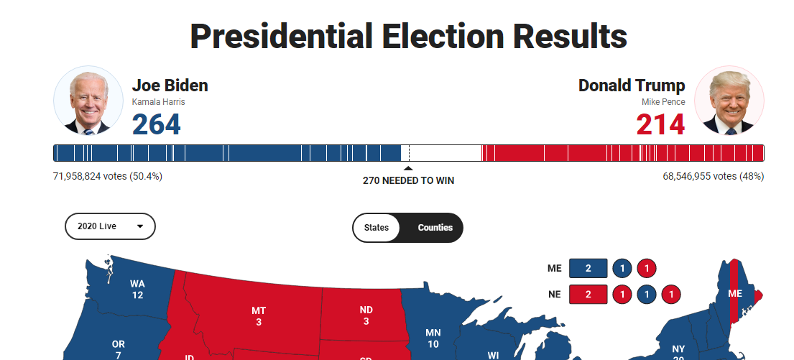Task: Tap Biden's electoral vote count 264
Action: (x=156, y=124)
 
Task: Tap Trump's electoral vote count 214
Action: (x=660, y=124)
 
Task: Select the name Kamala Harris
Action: (x=158, y=102)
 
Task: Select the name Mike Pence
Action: (x=663, y=102)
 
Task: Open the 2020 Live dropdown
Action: (x=110, y=226)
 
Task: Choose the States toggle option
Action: (x=377, y=228)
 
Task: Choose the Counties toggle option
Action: (x=435, y=228)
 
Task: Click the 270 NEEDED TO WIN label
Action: (x=408, y=180)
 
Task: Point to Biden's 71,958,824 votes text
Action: (x=108, y=176)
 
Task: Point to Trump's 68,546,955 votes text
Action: (x=713, y=176)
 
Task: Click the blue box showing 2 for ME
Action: (x=588, y=269)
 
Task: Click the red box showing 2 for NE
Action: (x=588, y=295)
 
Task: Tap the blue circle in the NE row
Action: (x=647, y=295)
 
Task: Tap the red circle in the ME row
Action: (x=647, y=269)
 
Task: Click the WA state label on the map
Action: (x=137, y=289)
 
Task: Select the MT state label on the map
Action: (x=259, y=315)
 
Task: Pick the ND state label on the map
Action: (x=366, y=315)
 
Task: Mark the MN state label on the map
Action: (x=433, y=338)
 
